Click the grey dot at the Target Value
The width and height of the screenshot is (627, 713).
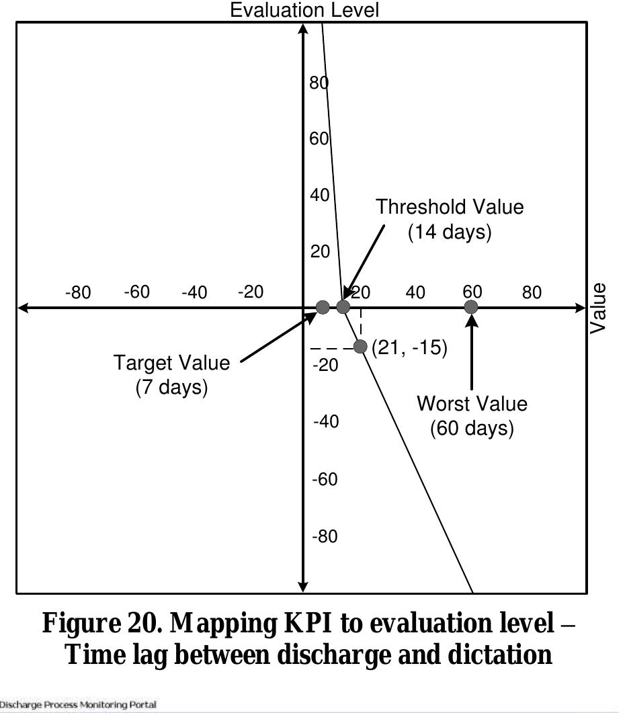point(323,307)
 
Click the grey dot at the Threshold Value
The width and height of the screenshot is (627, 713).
point(343,307)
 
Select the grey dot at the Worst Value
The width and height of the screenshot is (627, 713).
point(471,307)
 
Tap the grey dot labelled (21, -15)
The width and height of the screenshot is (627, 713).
point(360,347)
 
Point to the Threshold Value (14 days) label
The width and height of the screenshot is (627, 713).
point(450,219)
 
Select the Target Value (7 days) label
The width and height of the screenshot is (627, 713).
point(171,375)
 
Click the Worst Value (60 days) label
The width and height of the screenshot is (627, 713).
point(472,416)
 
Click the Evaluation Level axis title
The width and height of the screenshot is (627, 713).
point(304,10)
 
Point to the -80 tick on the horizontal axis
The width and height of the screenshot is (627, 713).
point(77,292)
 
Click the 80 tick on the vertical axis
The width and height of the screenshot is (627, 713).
point(318,83)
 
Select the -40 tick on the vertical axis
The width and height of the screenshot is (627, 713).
point(325,422)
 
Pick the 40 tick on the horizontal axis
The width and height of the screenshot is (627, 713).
point(415,292)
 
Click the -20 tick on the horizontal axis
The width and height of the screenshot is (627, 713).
point(250,292)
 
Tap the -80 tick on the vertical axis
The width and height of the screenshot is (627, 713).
point(325,537)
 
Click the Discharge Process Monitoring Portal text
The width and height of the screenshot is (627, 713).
point(79,705)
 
